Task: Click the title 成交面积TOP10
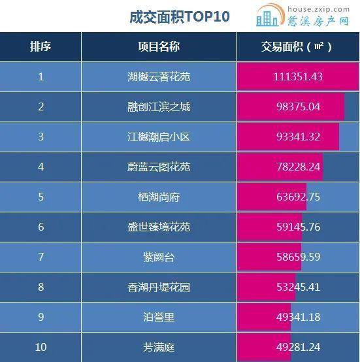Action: pyautogui.click(x=180, y=16)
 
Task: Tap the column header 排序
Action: pyautogui.click(x=41, y=47)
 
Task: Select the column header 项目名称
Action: pyautogui.click(x=159, y=47)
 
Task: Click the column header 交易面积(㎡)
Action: pyautogui.click(x=297, y=47)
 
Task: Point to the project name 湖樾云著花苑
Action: pyautogui.click(x=159, y=77)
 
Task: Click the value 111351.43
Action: pyautogui.click(x=297, y=77)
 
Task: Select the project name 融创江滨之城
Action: pyautogui.click(x=159, y=107)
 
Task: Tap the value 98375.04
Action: pyautogui.click(x=297, y=107)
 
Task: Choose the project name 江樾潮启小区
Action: pyautogui.click(x=159, y=137)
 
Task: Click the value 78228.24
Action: pyautogui.click(x=297, y=167)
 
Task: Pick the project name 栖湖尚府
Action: pyautogui.click(x=159, y=197)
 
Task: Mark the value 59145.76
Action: pyautogui.click(x=297, y=227)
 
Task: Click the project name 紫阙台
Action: pyautogui.click(x=159, y=257)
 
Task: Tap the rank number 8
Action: pyautogui.click(x=41, y=288)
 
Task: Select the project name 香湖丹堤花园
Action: pyautogui.click(x=159, y=288)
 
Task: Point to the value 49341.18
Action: pyautogui.click(x=297, y=318)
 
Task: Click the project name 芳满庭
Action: pyautogui.click(x=159, y=348)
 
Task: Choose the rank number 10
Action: pyautogui.click(x=41, y=348)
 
